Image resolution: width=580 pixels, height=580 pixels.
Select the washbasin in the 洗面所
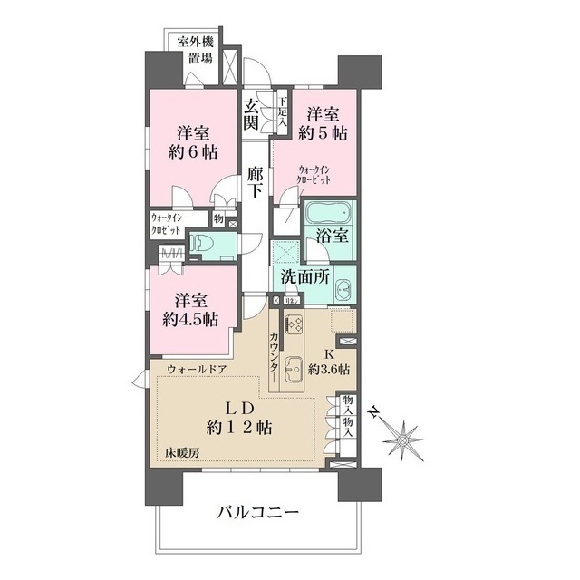point(342,290)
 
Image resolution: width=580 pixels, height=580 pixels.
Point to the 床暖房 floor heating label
point(182,451)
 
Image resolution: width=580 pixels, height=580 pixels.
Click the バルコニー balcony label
point(256,513)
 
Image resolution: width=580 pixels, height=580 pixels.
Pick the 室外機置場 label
point(196,49)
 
